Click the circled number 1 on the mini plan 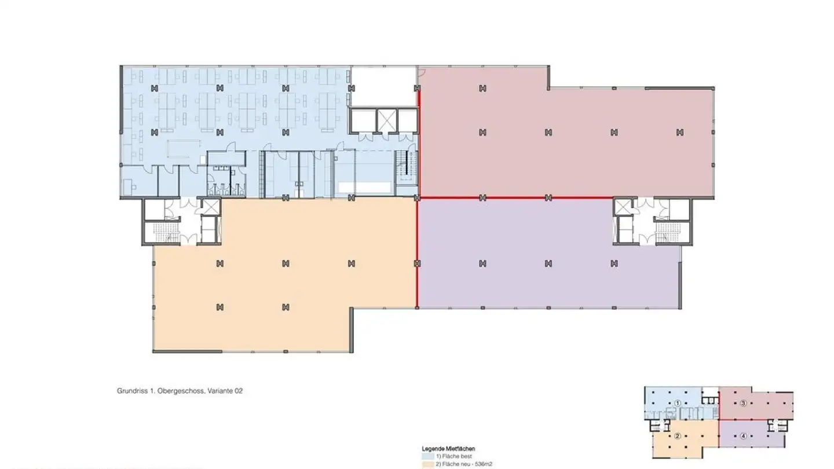coord(677,402)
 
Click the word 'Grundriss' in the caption coord(133,391)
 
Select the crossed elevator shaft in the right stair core coord(622,206)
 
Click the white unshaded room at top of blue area coord(383,86)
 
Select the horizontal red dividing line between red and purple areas coord(515,198)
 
